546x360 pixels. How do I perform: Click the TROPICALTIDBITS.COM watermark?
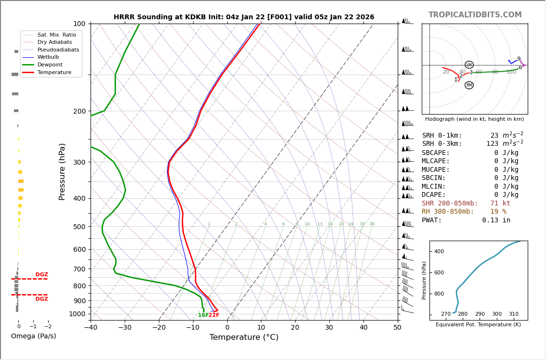475,15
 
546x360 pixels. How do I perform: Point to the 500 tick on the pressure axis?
79,227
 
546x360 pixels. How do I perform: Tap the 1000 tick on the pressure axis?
77,314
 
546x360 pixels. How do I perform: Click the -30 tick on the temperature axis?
125,328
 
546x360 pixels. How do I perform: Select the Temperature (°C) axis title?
244,337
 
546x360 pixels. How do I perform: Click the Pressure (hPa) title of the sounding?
63,171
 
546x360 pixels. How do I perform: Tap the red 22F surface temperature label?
214,315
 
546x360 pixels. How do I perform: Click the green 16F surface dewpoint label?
203,315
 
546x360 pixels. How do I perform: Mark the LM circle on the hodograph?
469,65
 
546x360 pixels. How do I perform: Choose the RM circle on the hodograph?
469,85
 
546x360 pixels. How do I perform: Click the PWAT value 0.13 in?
496,220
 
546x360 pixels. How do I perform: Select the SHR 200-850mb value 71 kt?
500,204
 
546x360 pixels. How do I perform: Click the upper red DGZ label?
42,275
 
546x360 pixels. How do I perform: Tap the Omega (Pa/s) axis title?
34,336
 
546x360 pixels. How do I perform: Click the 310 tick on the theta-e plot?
514,314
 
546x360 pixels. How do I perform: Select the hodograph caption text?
474,119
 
